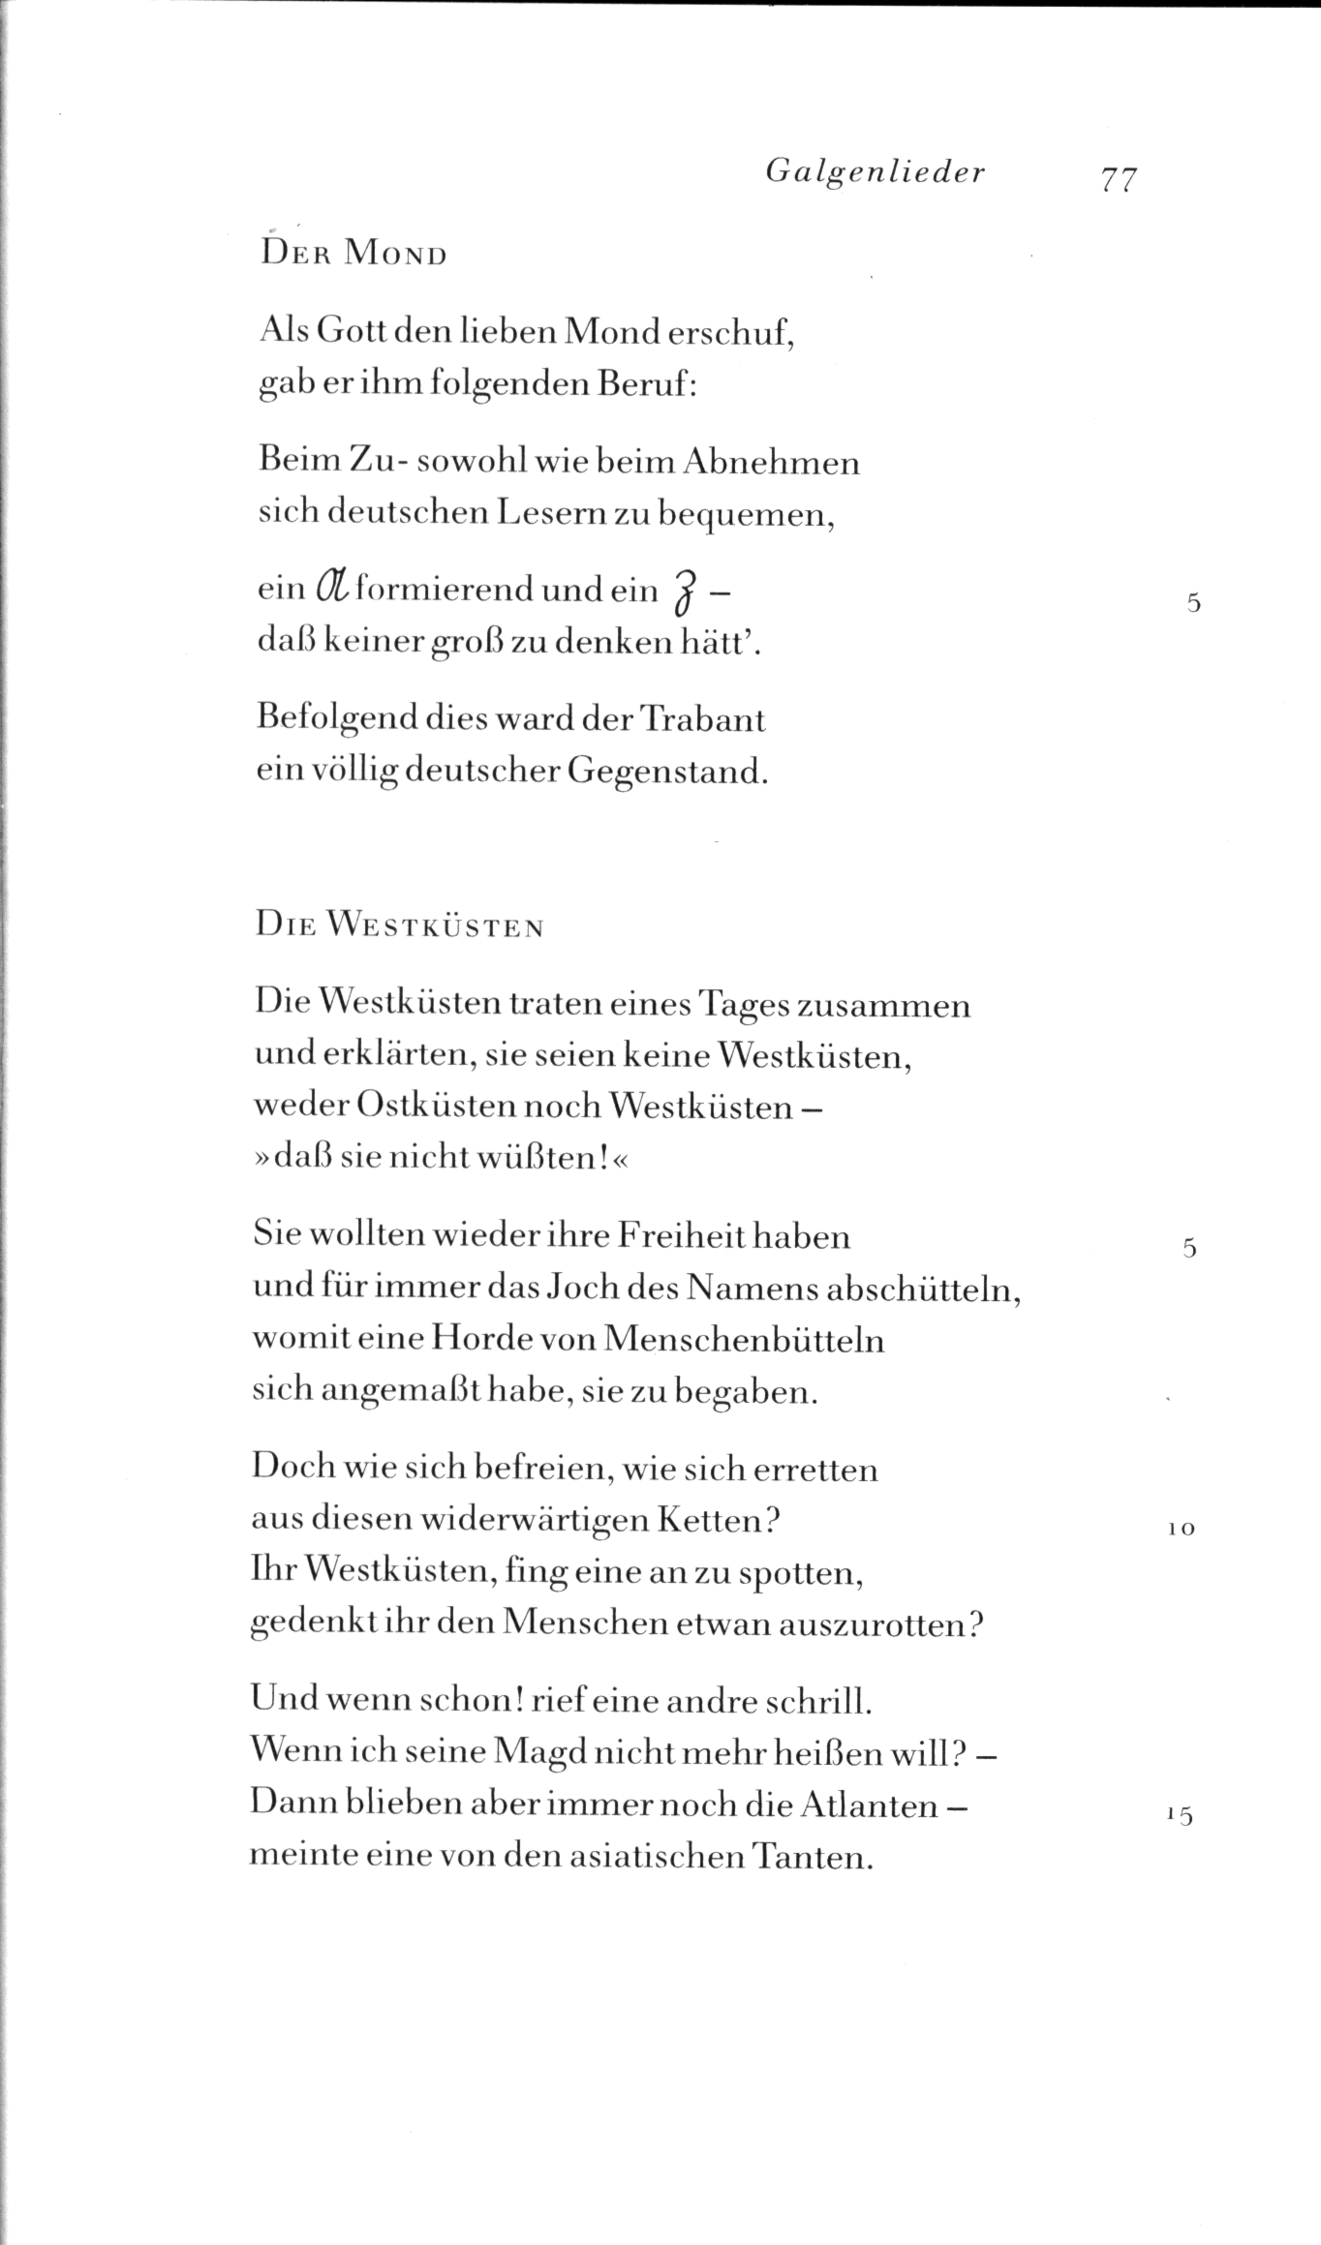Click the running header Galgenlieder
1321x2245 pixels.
point(875,172)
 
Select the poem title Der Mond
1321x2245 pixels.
point(353,254)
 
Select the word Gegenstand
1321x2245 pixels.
point(666,772)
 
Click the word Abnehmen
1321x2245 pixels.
point(771,462)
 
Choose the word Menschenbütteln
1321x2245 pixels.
point(743,1340)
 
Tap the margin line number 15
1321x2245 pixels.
point(1181,1815)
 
